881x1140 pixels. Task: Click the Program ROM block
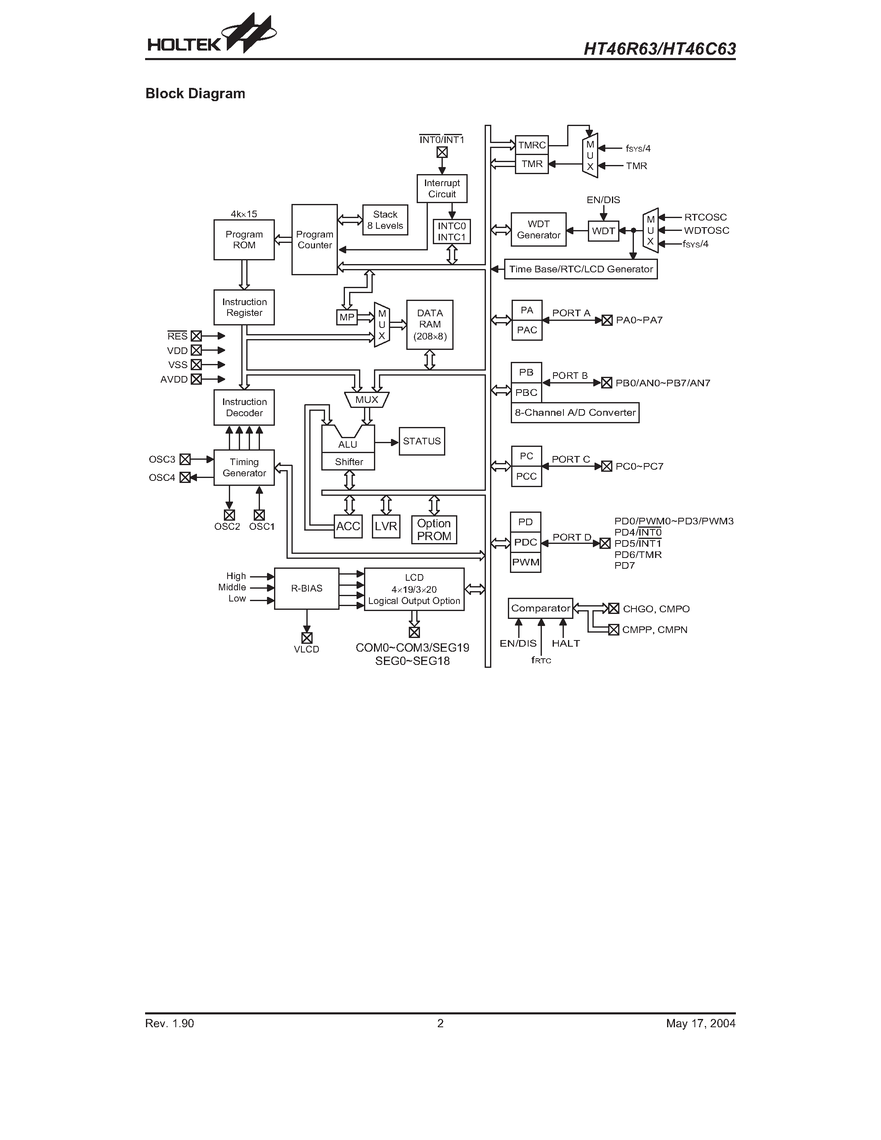[244, 240]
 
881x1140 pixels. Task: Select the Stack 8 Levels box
[385, 220]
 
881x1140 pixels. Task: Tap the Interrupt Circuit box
[442, 189]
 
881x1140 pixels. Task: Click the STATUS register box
[422, 441]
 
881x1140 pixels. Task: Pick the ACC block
[348, 526]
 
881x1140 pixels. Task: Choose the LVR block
[386, 526]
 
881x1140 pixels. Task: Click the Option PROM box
[434, 530]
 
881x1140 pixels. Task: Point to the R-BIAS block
[306, 588]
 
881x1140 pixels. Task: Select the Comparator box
[540, 608]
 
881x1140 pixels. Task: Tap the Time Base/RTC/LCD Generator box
[580, 269]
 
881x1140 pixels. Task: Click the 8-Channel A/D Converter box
[575, 412]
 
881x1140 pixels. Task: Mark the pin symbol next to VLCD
[307, 638]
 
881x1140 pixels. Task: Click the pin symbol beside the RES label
[196, 336]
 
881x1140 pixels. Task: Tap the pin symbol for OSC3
[185, 459]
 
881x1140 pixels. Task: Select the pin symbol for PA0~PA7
[607, 320]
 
